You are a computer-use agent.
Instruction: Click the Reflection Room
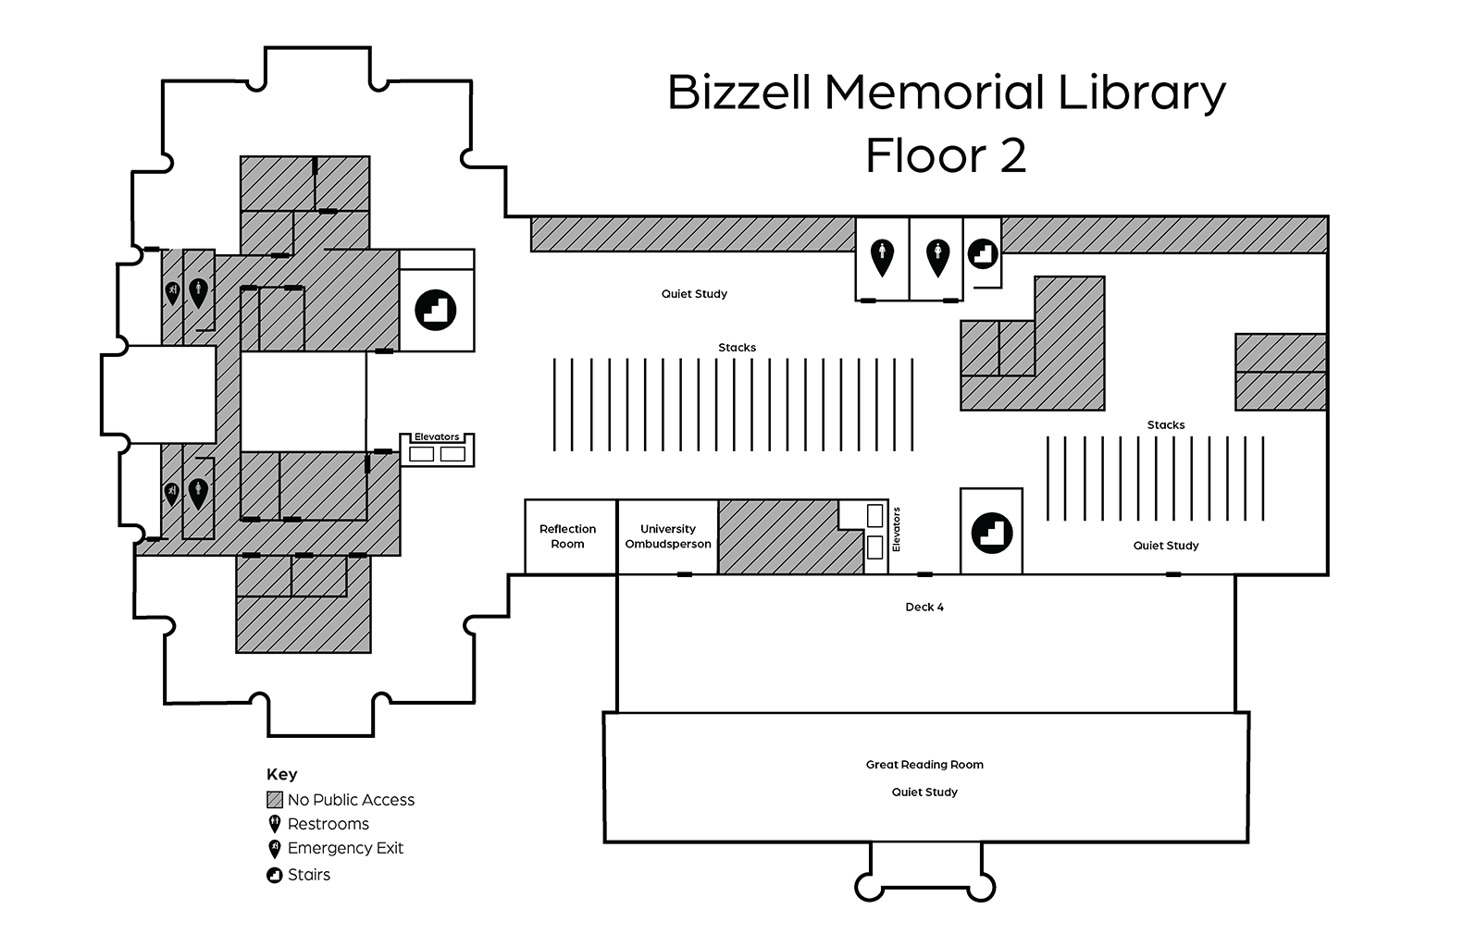[568, 536]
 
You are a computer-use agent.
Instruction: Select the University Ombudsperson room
[667, 536]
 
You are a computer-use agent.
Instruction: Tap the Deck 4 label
[924, 608]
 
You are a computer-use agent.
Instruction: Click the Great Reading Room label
[924, 765]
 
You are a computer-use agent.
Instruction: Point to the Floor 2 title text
[946, 155]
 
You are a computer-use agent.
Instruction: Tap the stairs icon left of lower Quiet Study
[991, 533]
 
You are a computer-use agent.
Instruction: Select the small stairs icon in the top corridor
[982, 252]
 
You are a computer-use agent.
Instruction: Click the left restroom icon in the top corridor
[882, 256]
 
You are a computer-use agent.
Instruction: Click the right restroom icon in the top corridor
[937, 256]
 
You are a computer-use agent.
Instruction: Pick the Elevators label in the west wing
[437, 437]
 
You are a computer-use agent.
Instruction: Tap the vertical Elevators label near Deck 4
[896, 530]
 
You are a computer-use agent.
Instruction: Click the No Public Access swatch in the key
[275, 800]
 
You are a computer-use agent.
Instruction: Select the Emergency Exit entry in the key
[344, 848]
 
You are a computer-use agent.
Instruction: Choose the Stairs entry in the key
[308, 875]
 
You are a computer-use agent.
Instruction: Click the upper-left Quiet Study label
[694, 294]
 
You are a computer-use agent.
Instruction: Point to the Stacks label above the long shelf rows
[737, 348]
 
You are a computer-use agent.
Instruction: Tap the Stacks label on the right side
[1165, 425]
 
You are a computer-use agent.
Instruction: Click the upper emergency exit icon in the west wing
[172, 293]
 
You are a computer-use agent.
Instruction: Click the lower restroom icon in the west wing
[198, 492]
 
